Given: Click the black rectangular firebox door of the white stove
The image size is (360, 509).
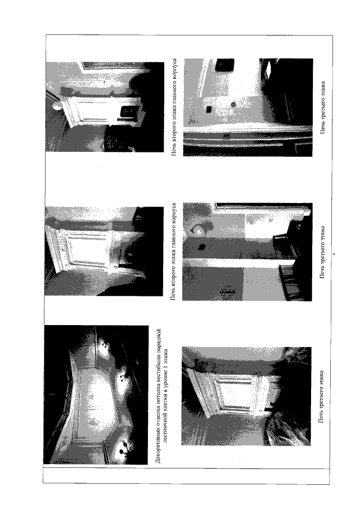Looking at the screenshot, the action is coord(129,112).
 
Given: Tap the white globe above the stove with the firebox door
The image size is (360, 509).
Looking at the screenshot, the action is coord(56,106).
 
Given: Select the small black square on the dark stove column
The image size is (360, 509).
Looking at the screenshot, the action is coord(201,247).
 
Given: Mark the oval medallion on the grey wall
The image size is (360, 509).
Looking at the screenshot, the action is coord(227,291).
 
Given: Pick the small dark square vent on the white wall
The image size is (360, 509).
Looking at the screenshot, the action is coord(209,109).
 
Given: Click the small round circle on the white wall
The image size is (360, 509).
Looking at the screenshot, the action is coord(233,105).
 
